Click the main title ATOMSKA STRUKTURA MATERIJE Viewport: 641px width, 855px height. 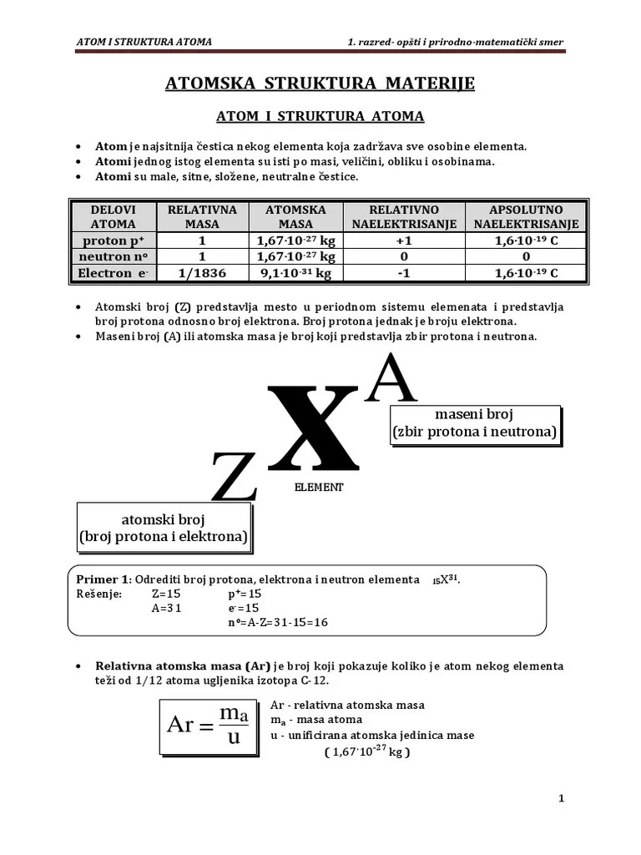point(320,83)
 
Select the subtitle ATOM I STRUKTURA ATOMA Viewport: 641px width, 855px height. point(320,116)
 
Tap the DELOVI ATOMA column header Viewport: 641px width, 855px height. point(114,216)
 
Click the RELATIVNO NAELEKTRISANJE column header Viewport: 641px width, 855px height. point(404,216)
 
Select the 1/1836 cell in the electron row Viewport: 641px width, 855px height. point(202,272)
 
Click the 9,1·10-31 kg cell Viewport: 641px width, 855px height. point(295,272)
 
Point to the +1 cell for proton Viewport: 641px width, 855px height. point(404,240)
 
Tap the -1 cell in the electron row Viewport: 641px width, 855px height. point(404,272)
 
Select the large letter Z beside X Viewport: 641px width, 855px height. point(234,476)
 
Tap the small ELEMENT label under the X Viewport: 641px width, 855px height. point(319,487)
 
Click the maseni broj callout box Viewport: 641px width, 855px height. point(474,424)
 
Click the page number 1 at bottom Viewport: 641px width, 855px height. point(561,798)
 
